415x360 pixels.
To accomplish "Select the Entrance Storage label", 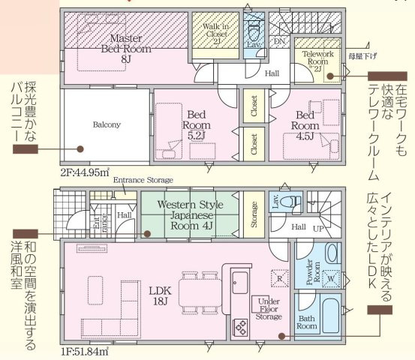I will [143, 181].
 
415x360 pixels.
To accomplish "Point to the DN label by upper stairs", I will [278, 43].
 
